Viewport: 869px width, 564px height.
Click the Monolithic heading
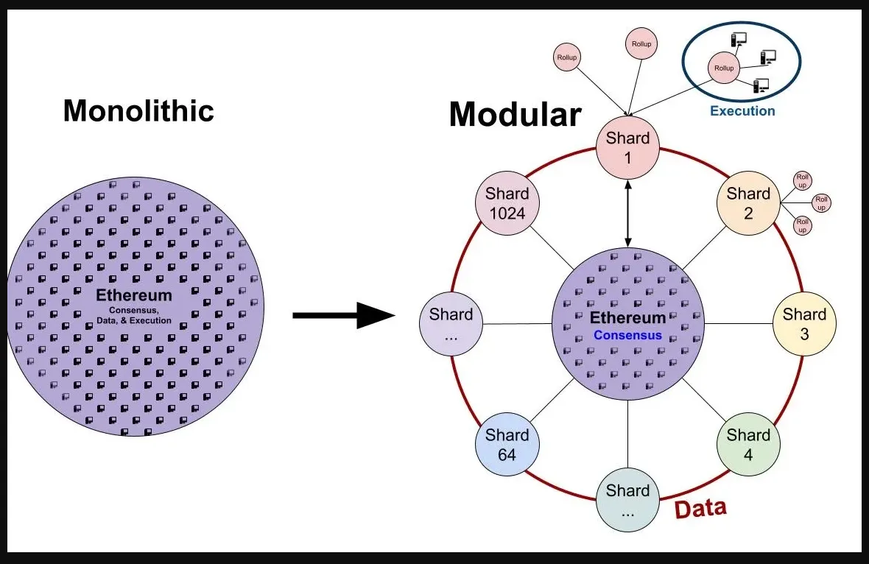[138, 110]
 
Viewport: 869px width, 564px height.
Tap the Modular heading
[515, 114]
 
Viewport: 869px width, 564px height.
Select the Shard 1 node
[627, 147]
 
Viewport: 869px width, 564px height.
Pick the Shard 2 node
[747, 203]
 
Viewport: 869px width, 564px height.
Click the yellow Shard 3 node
[803, 324]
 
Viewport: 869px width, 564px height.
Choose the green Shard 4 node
[747, 445]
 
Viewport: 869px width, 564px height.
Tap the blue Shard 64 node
[507, 445]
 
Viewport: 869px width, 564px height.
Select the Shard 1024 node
[507, 203]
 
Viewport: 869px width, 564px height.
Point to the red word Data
[700, 509]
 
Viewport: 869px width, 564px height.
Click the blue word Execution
[742, 111]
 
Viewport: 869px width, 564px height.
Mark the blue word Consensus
[627, 335]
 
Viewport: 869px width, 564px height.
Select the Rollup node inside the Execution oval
[724, 68]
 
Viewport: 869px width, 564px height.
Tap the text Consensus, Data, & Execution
[135, 315]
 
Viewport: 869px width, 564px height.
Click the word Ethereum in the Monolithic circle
[134, 296]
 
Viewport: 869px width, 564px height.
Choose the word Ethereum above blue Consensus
[627, 319]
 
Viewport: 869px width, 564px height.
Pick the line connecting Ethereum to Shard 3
[738, 324]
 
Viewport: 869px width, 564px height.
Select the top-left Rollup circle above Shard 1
[567, 57]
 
